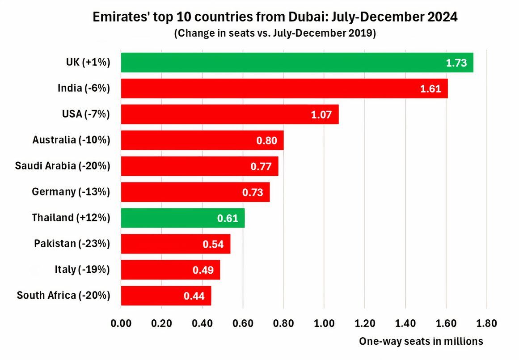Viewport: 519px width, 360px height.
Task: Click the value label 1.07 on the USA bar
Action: tap(321, 114)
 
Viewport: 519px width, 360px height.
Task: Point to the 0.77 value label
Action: tap(262, 166)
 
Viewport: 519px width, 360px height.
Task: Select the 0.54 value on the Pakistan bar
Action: tap(213, 244)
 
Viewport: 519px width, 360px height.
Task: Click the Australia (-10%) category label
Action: tap(71, 140)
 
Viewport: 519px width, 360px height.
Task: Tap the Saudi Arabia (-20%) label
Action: tap(62, 166)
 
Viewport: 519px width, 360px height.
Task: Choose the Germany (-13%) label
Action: tap(71, 192)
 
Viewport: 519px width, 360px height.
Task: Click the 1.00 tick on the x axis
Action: tap(324, 323)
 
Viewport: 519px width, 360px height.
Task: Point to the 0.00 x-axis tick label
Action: tap(121, 323)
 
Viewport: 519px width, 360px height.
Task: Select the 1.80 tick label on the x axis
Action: tap(486, 323)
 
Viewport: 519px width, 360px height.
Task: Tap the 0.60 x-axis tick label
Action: tap(243, 323)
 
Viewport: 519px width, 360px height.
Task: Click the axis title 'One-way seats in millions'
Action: tap(421, 341)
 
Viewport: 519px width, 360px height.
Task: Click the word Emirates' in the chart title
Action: tap(114, 18)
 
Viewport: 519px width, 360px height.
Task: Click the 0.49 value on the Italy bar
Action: tap(203, 270)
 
